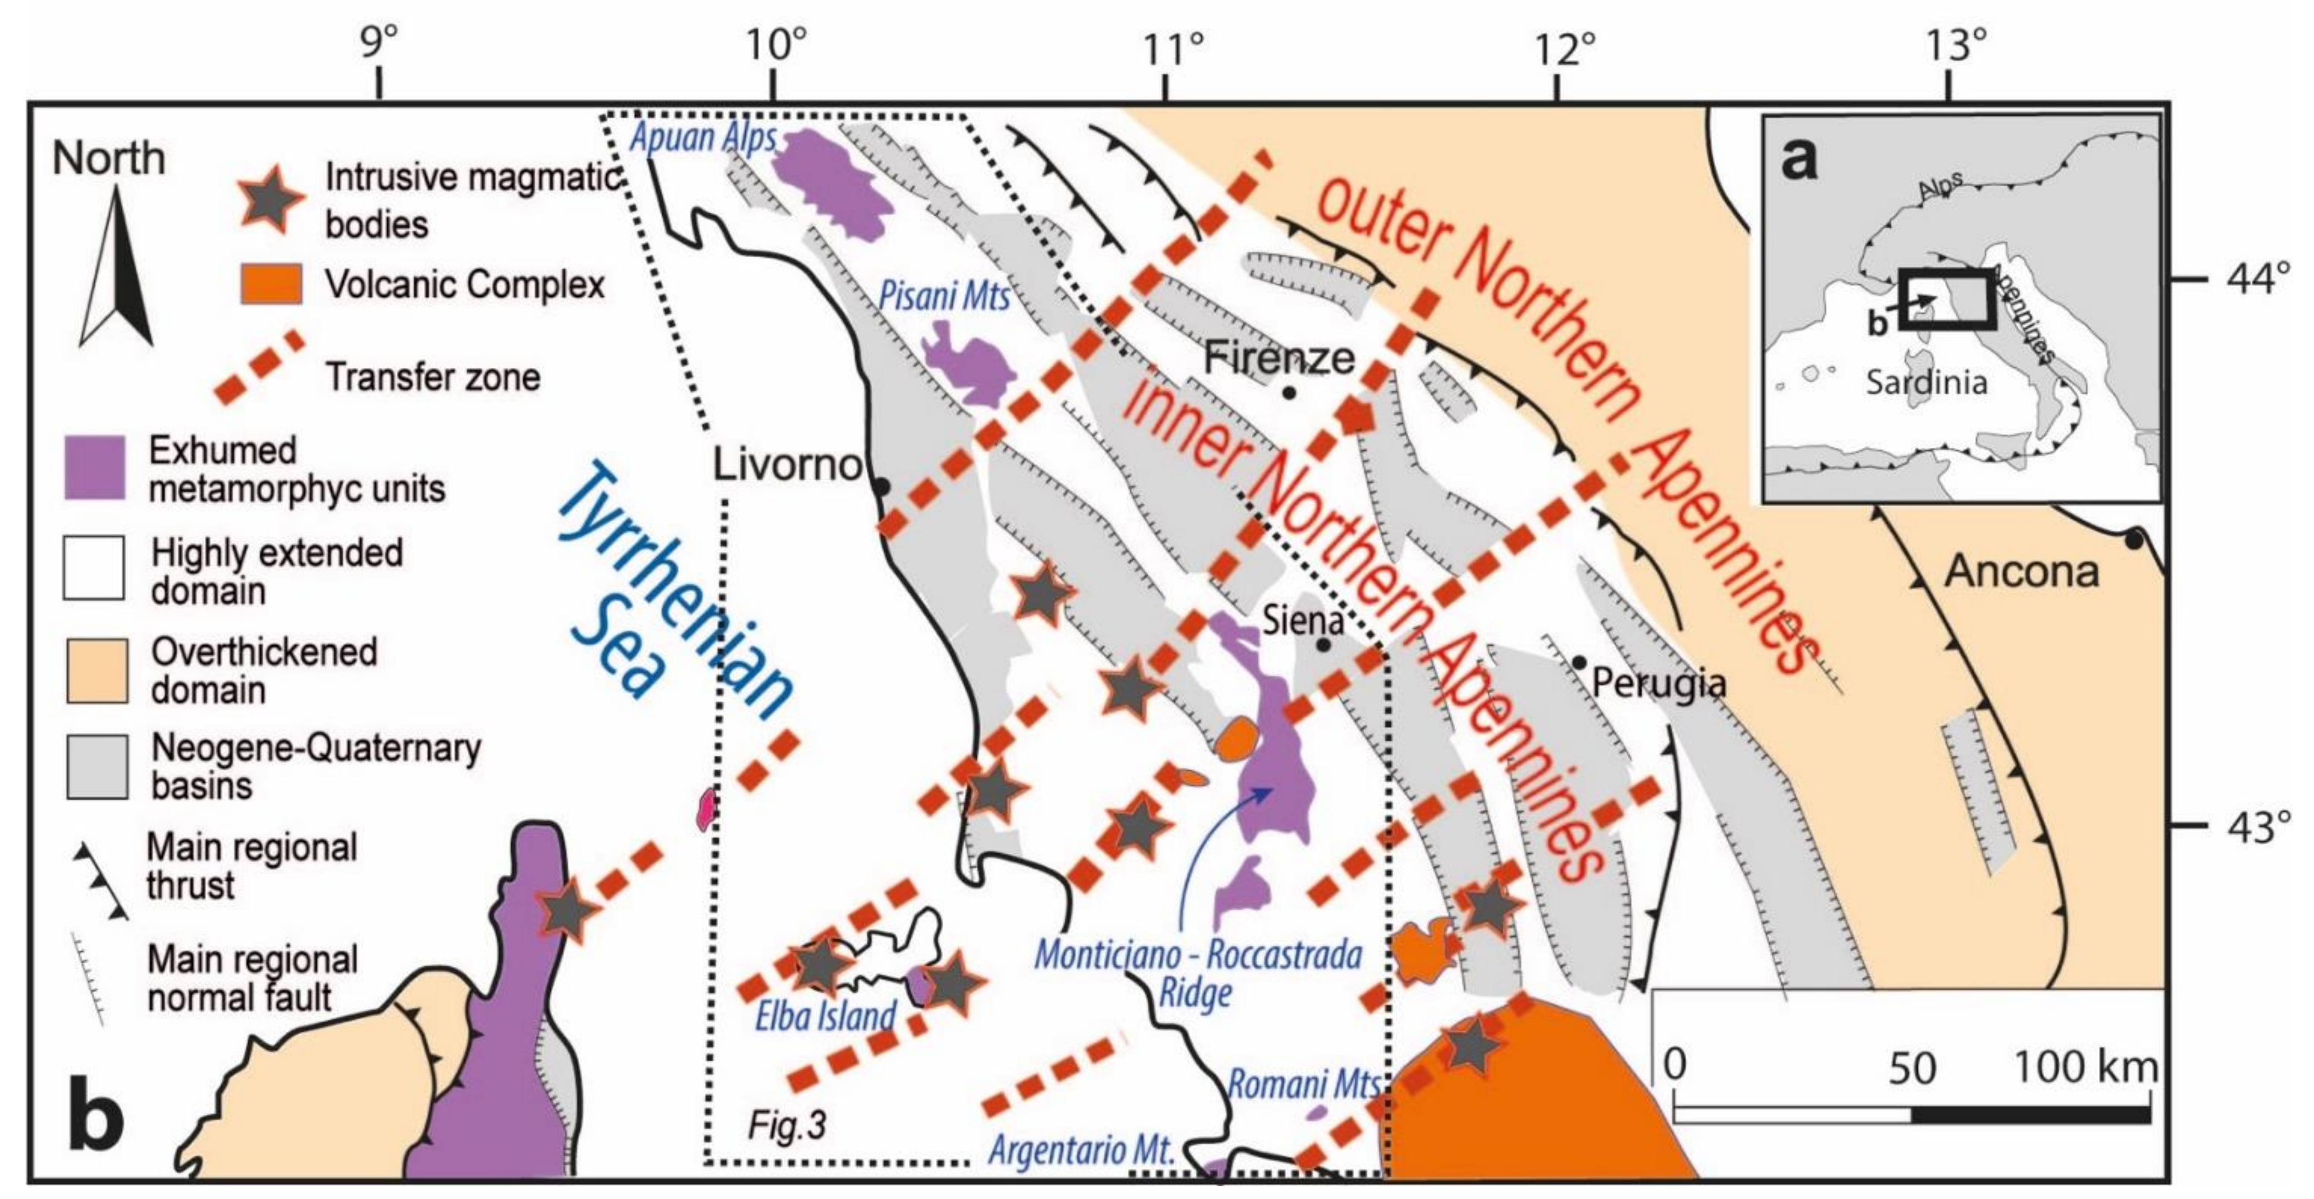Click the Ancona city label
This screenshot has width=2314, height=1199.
[2021, 571]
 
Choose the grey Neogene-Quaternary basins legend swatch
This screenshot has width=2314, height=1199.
[96, 767]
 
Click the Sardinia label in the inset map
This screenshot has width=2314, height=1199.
[1926, 383]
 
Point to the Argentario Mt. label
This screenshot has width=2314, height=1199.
[1082, 1150]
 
